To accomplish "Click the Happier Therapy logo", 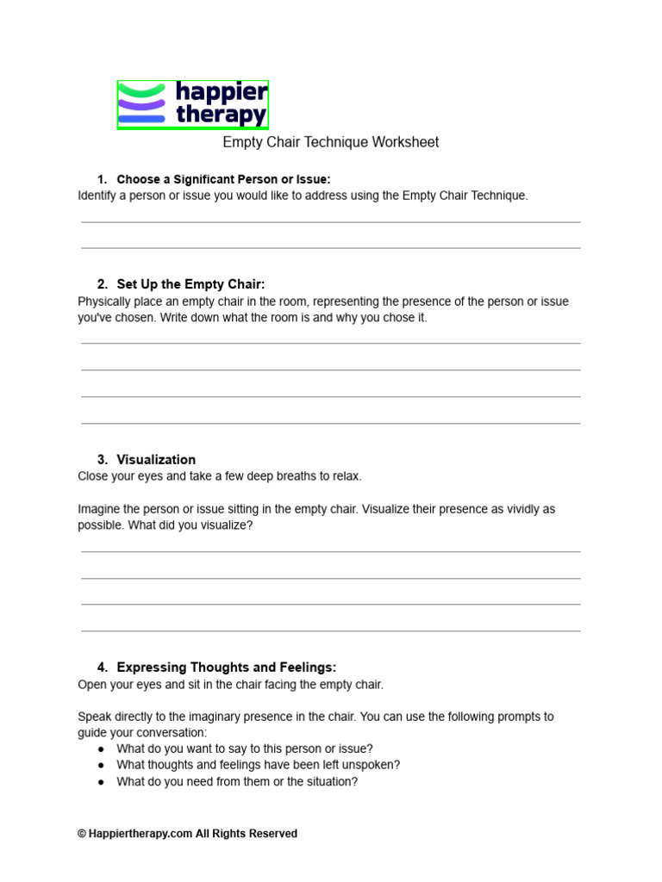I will click(x=193, y=105).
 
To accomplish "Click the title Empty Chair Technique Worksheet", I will click(x=331, y=142).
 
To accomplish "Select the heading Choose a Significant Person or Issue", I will click(x=223, y=179).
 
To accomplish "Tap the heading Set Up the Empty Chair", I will click(x=190, y=284).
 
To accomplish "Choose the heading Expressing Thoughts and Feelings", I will click(x=226, y=668).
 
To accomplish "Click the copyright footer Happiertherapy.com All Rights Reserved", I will click(x=187, y=834).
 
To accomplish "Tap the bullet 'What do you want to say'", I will click(x=245, y=748).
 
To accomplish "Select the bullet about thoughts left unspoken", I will click(x=259, y=765).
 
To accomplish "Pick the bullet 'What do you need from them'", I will click(x=237, y=782).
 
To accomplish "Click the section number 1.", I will click(x=102, y=179).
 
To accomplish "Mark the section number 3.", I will click(x=102, y=460).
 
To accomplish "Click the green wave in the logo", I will click(x=141, y=90).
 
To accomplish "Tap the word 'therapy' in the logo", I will click(x=221, y=115).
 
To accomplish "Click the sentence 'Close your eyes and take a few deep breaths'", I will click(x=220, y=476).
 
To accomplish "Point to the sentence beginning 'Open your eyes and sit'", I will click(x=230, y=685).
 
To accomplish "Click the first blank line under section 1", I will click(x=331, y=222).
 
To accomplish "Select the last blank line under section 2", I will click(x=331, y=423).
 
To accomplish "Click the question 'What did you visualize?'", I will click(x=190, y=525).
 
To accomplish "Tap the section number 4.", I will click(x=102, y=668).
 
